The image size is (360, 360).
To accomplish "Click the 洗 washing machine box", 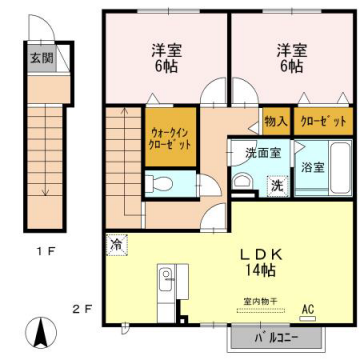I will pyautogui.click(x=276, y=184).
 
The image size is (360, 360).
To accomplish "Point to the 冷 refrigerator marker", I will pyautogui.click(x=115, y=243).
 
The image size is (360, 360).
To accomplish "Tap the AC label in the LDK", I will pyautogui.click(x=307, y=307).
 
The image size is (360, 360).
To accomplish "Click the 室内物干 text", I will pyautogui.click(x=261, y=300).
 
